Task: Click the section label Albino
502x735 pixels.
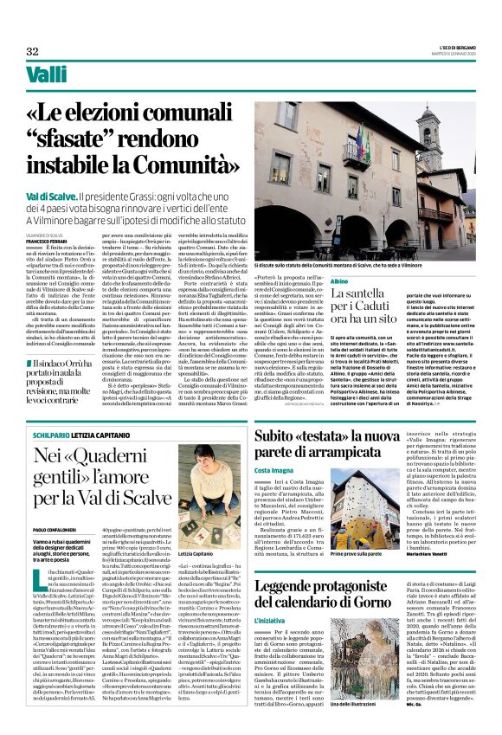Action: click(x=339, y=258)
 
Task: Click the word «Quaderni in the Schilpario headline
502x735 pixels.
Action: click(x=112, y=454)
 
